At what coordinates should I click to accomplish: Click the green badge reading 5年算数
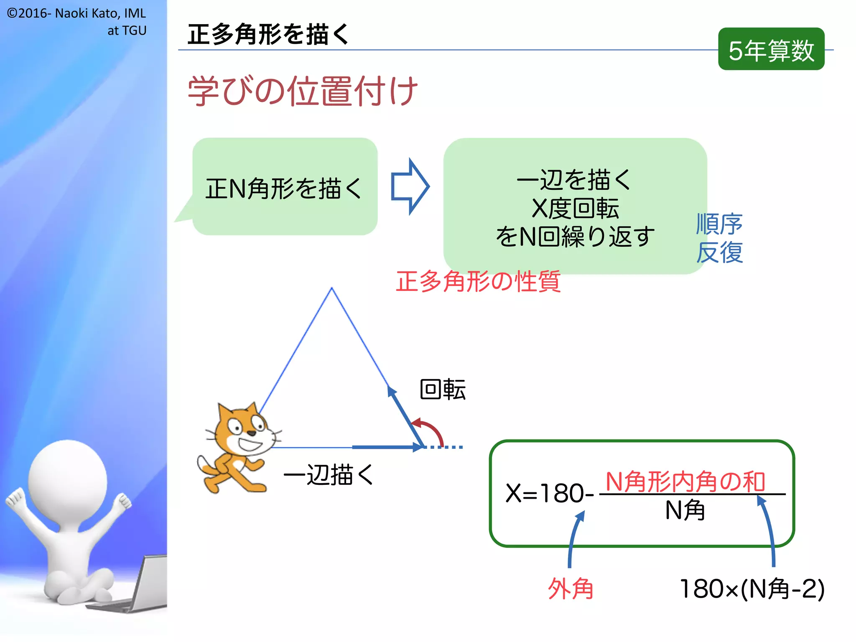pyautogui.click(x=771, y=49)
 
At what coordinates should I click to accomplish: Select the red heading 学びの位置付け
pyautogui.click(x=303, y=91)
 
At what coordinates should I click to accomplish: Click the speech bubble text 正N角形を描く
pyautogui.click(x=283, y=189)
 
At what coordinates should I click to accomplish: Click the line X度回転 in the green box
pyautogui.click(x=575, y=208)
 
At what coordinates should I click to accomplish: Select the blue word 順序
pyautogui.click(x=719, y=224)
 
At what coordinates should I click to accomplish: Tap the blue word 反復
pyautogui.click(x=719, y=252)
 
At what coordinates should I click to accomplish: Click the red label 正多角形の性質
pyautogui.click(x=478, y=281)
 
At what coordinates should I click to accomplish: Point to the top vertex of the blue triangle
pyautogui.click(x=332, y=288)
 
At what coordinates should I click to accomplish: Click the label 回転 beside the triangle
pyautogui.click(x=443, y=390)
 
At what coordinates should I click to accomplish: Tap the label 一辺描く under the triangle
pyautogui.click(x=329, y=475)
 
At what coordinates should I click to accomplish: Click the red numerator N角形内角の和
pyautogui.click(x=685, y=481)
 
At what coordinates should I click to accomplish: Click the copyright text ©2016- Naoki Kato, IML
pyautogui.click(x=76, y=13)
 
